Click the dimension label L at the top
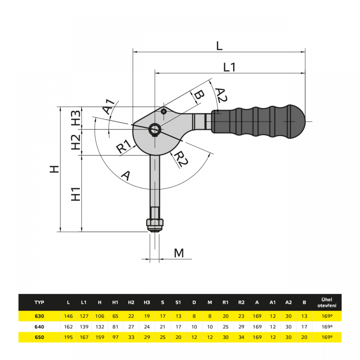tap(219, 45)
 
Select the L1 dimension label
tap(229, 67)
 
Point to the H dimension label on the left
tap(54, 169)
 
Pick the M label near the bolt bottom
tap(179, 253)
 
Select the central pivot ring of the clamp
tap(155, 129)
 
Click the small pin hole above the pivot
tap(164, 111)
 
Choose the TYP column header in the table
tap(40, 302)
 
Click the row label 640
tap(40, 327)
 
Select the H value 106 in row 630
tap(99, 316)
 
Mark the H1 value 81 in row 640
tap(115, 327)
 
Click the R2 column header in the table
tap(241, 302)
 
